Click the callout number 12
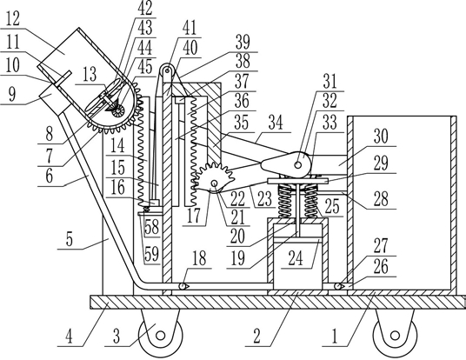pos(13,19)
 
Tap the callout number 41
pos(189,28)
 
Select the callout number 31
pos(330,81)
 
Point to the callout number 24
pos(296,257)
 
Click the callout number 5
pos(70,240)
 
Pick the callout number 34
pos(276,123)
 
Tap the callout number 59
pos(151,254)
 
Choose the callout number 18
pos(199,258)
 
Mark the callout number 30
pos(381,137)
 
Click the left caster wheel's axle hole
pos(161,336)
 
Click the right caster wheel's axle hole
pos(395,336)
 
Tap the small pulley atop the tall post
pos(167,70)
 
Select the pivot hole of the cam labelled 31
pos(298,164)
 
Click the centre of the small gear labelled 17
pos(214,183)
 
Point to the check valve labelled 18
pos(183,286)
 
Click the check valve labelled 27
pos(339,286)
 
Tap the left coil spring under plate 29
pos(284,201)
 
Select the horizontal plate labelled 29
pos(298,181)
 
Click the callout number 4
pos(69,337)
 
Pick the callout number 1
pos(335,337)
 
